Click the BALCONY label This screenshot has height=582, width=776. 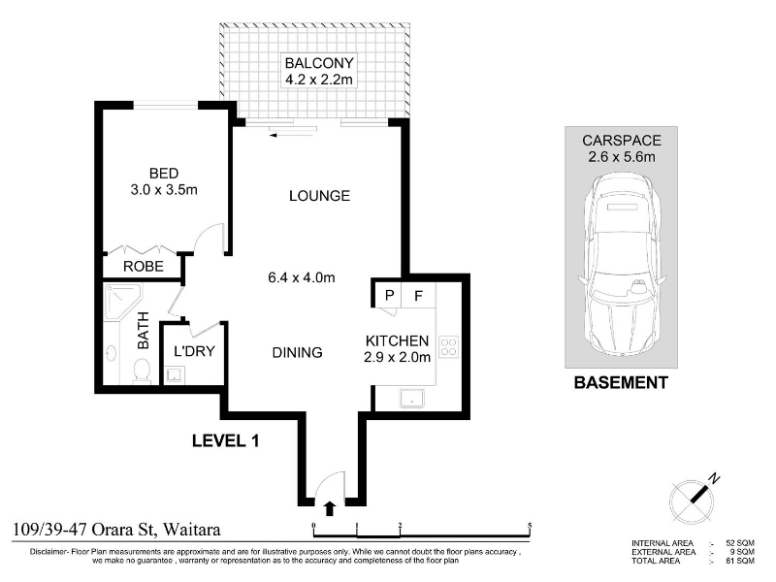[319, 63]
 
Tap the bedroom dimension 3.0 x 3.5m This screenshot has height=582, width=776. [164, 189]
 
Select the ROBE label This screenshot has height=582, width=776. [143, 266]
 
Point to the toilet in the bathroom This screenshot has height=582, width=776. [142, 372]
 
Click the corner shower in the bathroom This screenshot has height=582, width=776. [123, 302]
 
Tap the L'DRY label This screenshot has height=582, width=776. [194, 351]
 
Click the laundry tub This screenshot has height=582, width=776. [175, 374]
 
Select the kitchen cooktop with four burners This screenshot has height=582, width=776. [448, 347]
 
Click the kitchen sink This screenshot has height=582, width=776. [411, 399]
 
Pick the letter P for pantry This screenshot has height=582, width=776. [390, 296]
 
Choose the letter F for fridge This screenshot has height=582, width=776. [418, 296]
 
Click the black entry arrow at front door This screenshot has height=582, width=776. [330, 508]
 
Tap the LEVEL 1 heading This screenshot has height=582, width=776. [225, 440]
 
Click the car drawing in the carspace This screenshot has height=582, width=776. [622, 264]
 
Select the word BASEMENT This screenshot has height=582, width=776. [621, 382]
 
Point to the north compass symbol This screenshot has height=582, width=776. [693, 499]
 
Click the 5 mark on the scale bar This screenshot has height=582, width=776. [530, 526]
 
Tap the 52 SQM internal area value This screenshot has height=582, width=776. [740, 543]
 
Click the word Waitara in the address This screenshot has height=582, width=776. [191, 530]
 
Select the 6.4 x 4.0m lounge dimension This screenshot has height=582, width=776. [302, 277]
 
